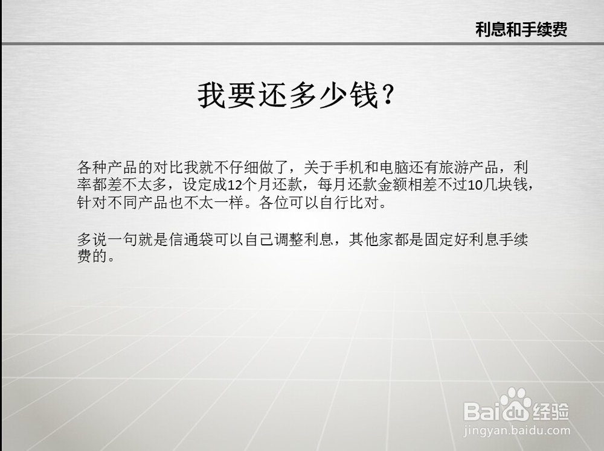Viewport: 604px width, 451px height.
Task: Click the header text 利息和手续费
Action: coord(521,30)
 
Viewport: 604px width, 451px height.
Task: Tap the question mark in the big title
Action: coord(388,95)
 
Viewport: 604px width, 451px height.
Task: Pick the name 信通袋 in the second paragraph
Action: coord(191,239)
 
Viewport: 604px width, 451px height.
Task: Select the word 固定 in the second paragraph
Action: coord(439,239)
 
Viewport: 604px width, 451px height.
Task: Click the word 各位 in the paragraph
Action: coord(274,203)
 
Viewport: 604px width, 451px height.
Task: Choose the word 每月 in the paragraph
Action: coord(332,185)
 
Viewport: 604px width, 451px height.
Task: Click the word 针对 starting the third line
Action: coord(92,203)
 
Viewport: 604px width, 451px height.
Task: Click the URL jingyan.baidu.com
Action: coord(516,430)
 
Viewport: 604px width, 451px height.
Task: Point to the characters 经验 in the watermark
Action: coord(550,411)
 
